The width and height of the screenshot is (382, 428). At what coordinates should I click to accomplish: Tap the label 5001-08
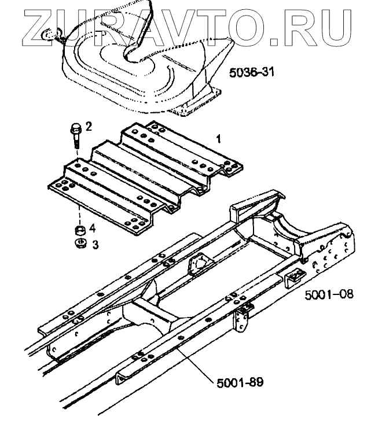[x=329, y=294]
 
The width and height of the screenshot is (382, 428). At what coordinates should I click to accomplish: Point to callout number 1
[x=218, y=139]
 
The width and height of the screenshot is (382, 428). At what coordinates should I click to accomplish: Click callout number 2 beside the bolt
[x=89, y=126]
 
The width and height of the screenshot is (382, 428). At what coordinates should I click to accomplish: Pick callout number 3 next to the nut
[x=95, y=245]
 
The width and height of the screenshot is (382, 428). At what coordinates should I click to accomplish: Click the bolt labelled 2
[x=76, y=135]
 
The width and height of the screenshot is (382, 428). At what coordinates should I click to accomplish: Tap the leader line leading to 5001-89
[x=197, y=361]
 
